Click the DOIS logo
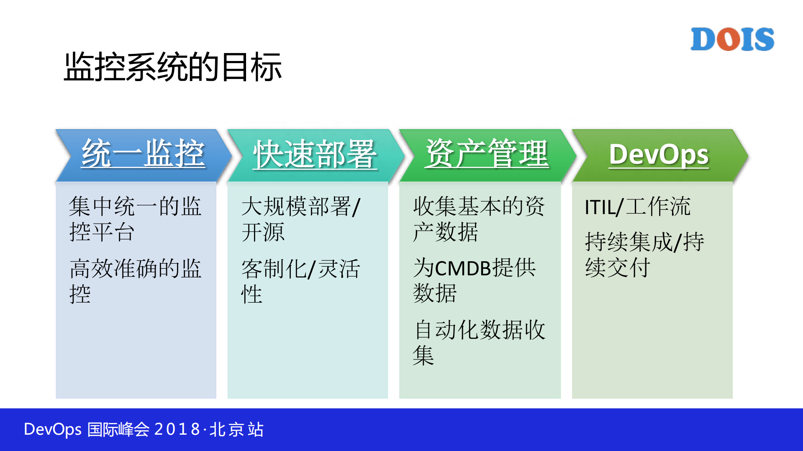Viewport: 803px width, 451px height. coord(732,39)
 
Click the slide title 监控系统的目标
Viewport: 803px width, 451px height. coord(173,67)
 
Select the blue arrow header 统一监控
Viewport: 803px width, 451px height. coord(143,154)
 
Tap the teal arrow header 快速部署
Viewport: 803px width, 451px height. coord(315,155)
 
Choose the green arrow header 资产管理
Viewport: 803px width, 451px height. coord(486,154)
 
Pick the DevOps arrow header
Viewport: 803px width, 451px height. coord(658,155)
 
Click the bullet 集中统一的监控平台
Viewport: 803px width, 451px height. coord(135,219)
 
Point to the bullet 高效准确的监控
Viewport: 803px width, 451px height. coord(135,280)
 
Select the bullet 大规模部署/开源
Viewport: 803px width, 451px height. coord(300,219)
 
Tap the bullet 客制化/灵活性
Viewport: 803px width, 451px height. coord(300,280)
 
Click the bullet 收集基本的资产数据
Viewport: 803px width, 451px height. coord(478,219)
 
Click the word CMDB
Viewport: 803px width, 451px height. coord(463,268)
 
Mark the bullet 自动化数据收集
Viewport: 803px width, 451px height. coord(479,342)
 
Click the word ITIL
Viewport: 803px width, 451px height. coord(600,207)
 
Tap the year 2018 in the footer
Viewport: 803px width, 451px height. coord(177,429)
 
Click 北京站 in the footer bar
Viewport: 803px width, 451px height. coord(236,429)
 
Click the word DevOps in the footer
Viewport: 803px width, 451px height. coord(52,429)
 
